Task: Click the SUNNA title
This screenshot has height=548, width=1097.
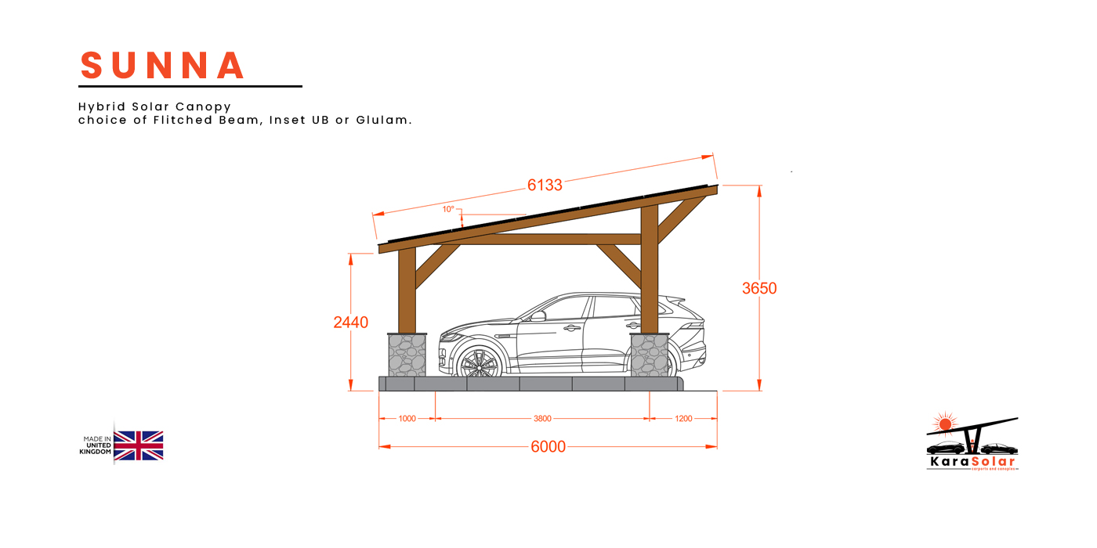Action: pos(163,66)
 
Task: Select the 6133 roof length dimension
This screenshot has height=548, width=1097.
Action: pos(545,186)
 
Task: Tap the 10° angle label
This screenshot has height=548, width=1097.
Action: pos(448,209)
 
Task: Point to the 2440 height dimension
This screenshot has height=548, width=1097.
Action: pos(350,322)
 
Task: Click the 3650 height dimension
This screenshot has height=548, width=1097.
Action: pos(759,288)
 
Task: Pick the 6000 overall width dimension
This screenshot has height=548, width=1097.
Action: pos(548,447)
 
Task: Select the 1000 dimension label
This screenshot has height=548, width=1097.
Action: pos(407,419)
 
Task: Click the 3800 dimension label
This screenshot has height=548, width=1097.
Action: pos(542,419)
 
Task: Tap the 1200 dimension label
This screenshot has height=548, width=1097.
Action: pos(683,419)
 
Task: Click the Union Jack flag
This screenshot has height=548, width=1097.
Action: pos(139,445)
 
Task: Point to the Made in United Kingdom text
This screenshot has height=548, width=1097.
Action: pos(96,445)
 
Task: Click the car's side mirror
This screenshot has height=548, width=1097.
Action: pos(538,316)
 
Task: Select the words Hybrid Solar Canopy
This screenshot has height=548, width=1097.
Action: pos(154,106)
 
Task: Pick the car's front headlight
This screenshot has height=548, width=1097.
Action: pos(450,336)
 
